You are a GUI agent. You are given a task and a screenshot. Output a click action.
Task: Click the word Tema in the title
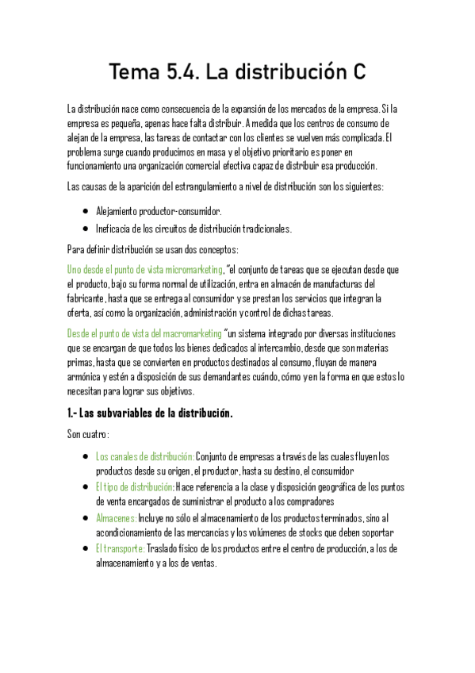[x=134, y=72]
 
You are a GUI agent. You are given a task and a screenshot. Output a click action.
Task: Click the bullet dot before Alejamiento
[x=86, y=212]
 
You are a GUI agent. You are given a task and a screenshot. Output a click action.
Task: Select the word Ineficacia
[x=113, y=229]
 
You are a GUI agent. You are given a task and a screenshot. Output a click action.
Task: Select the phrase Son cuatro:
[x=88, y=434]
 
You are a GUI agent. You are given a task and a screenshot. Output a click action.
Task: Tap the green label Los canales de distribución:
[x=145, y=456]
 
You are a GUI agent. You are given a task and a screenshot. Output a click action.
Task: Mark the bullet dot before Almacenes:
[x=86, y=517]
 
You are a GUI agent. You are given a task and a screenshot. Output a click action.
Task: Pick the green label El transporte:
[x=121, y=548]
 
